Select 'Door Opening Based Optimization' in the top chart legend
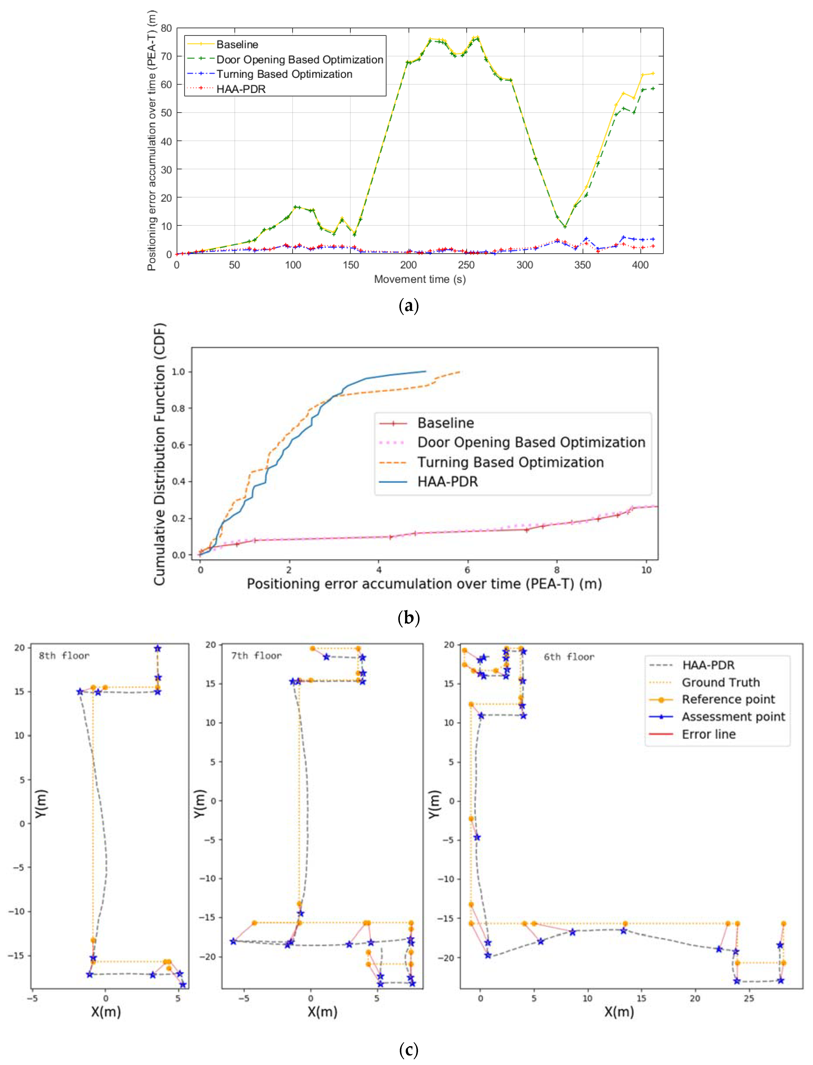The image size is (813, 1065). tap(299, 60)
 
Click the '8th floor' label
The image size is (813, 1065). tap(64, 656)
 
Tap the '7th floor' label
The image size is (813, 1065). tap(256, 656)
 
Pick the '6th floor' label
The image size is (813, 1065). tap(569, 657)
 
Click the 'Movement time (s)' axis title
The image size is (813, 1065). tap(420, 279)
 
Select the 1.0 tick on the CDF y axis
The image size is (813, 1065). tap(179, 372)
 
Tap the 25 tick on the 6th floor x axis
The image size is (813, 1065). tap(749, 999)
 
